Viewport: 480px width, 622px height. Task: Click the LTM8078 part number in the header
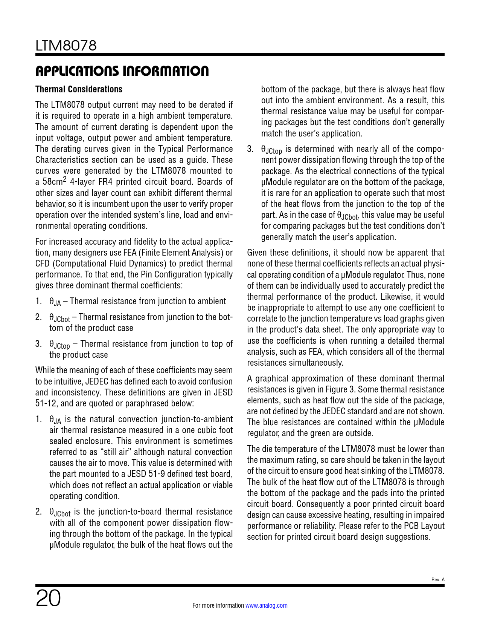click(66, 46)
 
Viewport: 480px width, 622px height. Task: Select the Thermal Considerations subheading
click(79, 89)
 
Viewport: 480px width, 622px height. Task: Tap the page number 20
click(48, 598)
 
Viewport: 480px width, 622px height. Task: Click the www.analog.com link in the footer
click(266, 605)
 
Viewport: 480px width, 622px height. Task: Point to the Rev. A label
click(437, 579)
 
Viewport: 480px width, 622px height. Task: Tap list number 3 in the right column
click(250, 149)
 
